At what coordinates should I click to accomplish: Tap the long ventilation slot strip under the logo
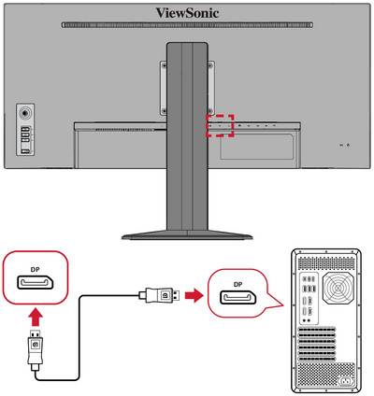pos(187,24)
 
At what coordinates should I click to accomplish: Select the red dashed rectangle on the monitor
pos(219,125)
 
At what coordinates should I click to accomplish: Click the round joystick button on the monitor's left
pos(25,109)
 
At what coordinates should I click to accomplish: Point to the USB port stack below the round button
pos(25,136)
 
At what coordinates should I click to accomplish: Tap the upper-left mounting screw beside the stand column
pos(163,67)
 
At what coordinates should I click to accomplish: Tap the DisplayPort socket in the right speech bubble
pos(238,299)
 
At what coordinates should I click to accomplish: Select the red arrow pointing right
pos(191,298)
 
